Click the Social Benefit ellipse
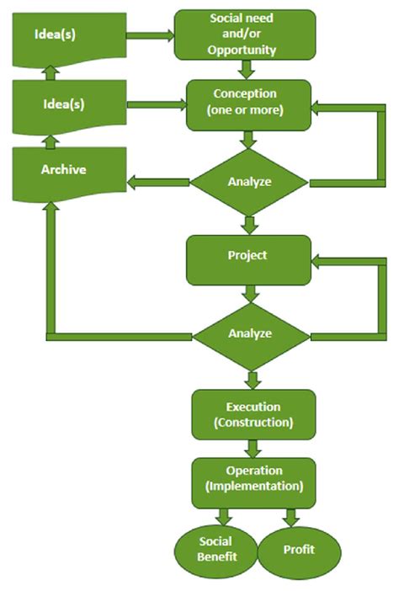pos(215,548)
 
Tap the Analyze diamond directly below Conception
pos(249,181)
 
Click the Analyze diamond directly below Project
pos(249,333)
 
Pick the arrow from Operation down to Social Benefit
pos(223,516)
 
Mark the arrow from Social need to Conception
pos(247,68)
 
